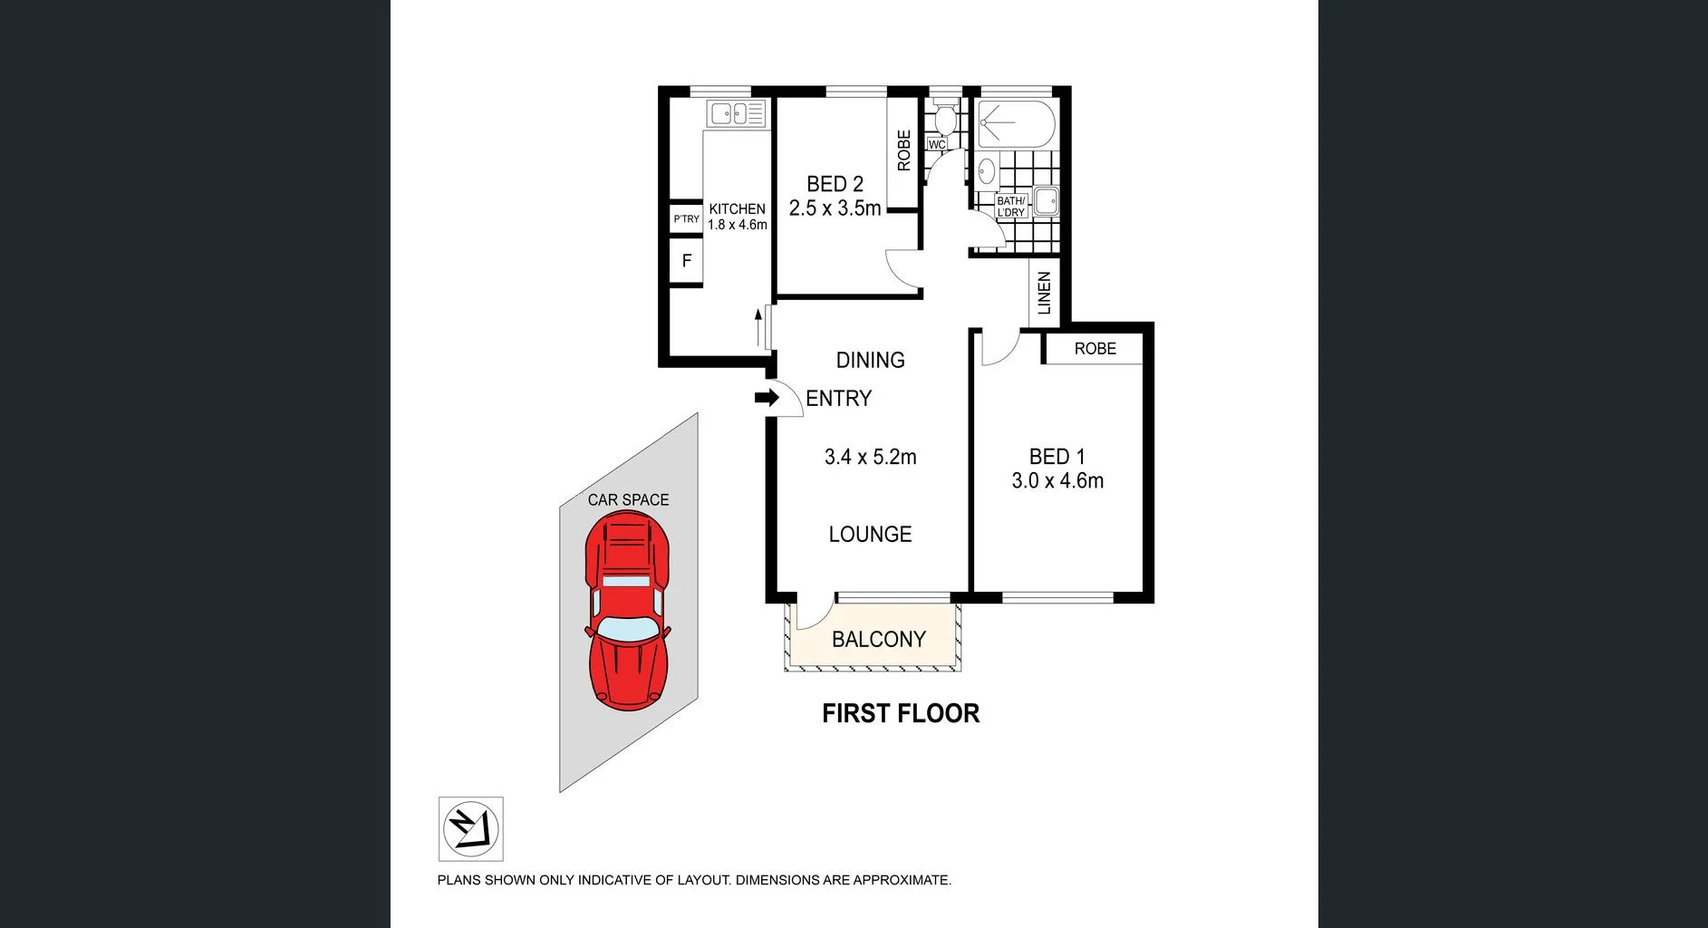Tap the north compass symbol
click(x=471, y=828)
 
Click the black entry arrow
click(x=767, y=398)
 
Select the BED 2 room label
click(x=835, y=184)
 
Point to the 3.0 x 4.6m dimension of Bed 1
click(x=1057, y=481)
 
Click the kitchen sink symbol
click(x=736, y=113)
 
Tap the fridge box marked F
click(x=686, y=261)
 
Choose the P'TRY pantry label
click(x=686, y=219)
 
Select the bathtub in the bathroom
click(x=1016, y=124)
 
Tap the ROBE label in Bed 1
click(x=1095, y=349)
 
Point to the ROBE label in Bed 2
click(x=903, y=150)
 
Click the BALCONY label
click(x=878, y=640)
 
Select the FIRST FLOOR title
click(x=900, y=714)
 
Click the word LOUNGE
click(x=870, y=535)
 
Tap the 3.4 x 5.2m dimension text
click(x=870, y=458)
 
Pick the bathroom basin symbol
click(x=986, y=169)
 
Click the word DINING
click(x=870, y=361)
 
